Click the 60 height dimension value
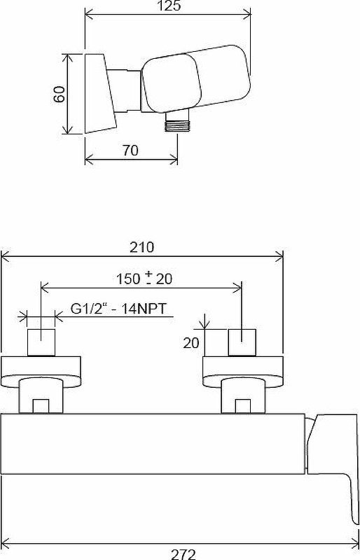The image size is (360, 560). [60, 94]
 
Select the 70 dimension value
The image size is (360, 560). [130, 150]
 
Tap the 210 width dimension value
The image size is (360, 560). [142, 247]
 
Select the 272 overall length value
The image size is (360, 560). [182, 554]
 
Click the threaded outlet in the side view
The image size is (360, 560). [178, 124]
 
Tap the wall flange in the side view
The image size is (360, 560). [98, 94]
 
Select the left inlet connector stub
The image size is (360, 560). [41, 343]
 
